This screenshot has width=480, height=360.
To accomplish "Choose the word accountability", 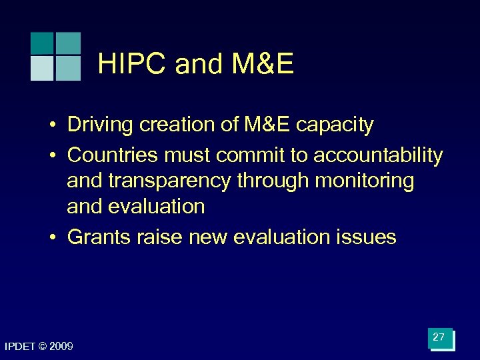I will pyautogui.click(x=378, y=155).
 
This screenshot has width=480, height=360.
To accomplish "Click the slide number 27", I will pyautogui.click(x=439, y=338).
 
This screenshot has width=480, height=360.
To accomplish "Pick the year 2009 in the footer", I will pyautogui.click(x=61, y=347).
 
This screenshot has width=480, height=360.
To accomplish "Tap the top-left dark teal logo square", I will pyautogui.click(x=42, y=43).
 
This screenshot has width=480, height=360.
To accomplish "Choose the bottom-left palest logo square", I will pyautogui.click(x=42, y=68).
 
